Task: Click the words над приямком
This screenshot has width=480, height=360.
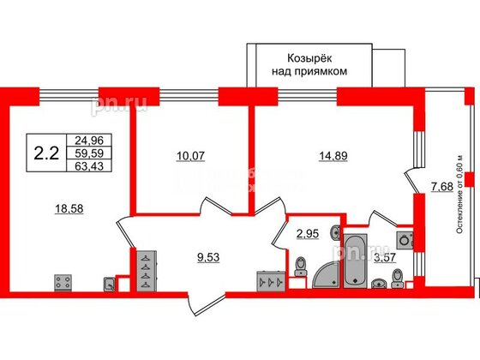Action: [x=306, y=72]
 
